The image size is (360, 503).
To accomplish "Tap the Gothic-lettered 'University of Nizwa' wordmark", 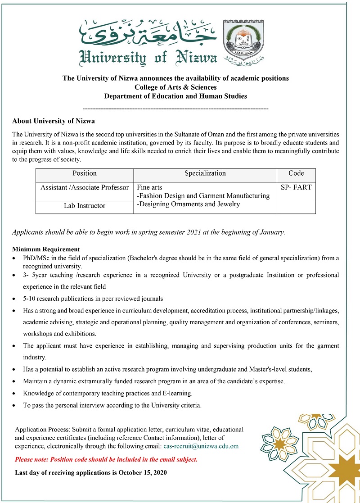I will click(148, 57).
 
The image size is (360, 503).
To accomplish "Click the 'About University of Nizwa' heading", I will click(54, 121).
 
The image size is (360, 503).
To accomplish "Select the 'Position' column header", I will click(85, 173).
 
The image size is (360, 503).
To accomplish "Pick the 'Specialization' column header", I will click(205, 173).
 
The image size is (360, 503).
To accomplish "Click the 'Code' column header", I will click(296, 173).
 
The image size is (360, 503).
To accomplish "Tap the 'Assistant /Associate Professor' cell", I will click(85, 188).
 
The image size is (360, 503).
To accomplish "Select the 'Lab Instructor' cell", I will click(85, 206).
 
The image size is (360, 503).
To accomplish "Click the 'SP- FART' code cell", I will click(296, 187).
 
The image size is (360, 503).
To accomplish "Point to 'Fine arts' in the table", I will click(150, 187).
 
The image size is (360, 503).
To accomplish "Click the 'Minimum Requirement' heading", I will click(46, 249).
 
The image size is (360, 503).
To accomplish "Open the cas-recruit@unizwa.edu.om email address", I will click(201, 446).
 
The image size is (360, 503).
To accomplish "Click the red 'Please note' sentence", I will click(106, 460).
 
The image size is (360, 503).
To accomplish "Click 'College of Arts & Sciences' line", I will click(175, 87).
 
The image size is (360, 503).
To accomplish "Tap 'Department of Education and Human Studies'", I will click(175, 96).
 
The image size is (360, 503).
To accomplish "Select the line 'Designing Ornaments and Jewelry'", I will click(189, 204).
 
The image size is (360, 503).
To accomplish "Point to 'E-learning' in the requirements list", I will click(177, 393).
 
